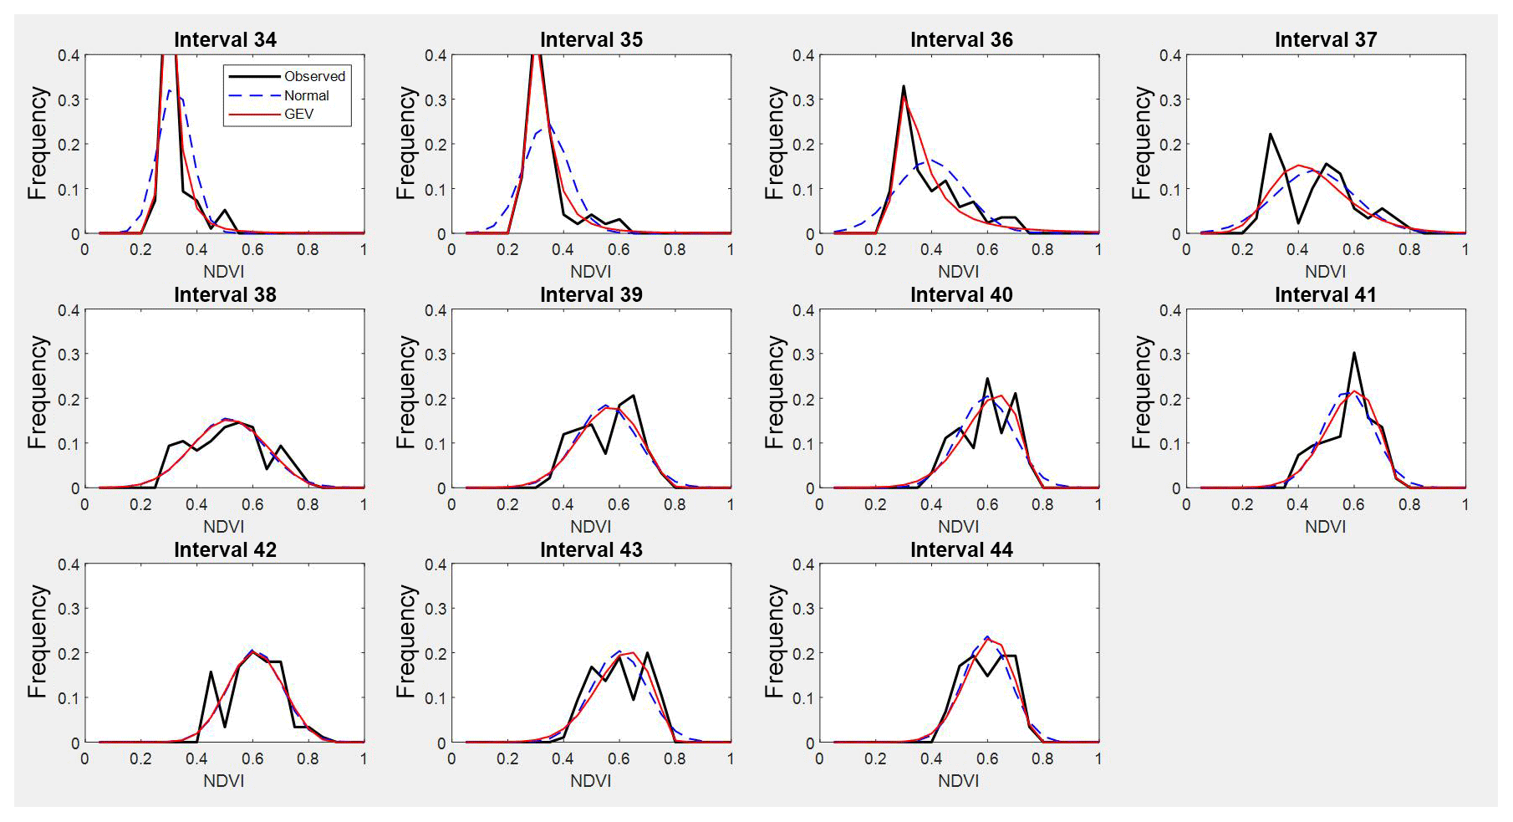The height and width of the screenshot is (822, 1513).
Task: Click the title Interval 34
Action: [225, 39]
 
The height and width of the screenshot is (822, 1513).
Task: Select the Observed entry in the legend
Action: [314, 76]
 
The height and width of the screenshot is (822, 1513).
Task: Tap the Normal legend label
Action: [306, 95]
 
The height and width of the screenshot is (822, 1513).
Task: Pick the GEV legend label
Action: [298, 114]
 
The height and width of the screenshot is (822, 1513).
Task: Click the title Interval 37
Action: [1325, 39]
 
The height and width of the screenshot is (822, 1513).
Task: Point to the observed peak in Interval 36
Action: [904, 87]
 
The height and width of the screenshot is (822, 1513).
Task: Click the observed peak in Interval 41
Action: [1353, 354]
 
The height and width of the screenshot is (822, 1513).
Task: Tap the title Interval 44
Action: [961, 549]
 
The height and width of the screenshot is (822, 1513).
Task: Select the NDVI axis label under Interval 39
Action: [590, 527]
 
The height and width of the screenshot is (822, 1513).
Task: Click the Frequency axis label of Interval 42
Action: [37, 641]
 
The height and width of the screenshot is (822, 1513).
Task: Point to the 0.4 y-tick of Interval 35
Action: [436, 55]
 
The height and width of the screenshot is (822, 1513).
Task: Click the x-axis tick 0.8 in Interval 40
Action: [1042, 504]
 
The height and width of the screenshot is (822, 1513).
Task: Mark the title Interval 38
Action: [225, 294]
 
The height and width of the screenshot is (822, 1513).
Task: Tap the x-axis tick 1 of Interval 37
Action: [1465, 249]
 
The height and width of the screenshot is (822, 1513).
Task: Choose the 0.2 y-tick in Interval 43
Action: [436, 653]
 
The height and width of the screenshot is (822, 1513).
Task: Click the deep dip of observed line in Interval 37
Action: [1298, 222]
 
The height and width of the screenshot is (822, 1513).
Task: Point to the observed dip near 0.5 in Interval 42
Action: [225, 726]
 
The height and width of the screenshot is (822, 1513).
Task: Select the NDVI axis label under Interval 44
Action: [958, 781]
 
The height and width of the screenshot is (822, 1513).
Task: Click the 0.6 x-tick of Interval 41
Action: [1353, 504]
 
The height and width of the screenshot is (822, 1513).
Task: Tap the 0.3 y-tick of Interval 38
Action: [69, 354]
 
